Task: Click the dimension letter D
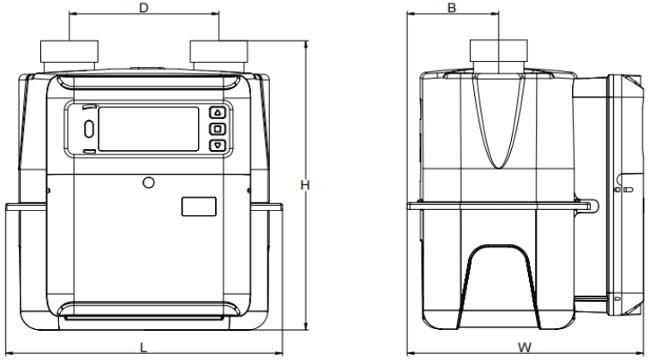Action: click(x=144, y=8)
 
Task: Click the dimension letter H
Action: click(x=305, y=185)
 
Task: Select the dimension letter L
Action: click(x=143, y=348)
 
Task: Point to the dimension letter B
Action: click(x=452, y=8)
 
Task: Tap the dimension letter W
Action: click(x=525, y=348)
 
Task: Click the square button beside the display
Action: click(x=218, y=129)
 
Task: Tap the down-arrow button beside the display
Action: click(x=218, y=145)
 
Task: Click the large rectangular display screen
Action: click(x=148, y=129)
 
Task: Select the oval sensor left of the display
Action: click(x=89, y=129)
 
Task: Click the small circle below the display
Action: click(x=148, y=183)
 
